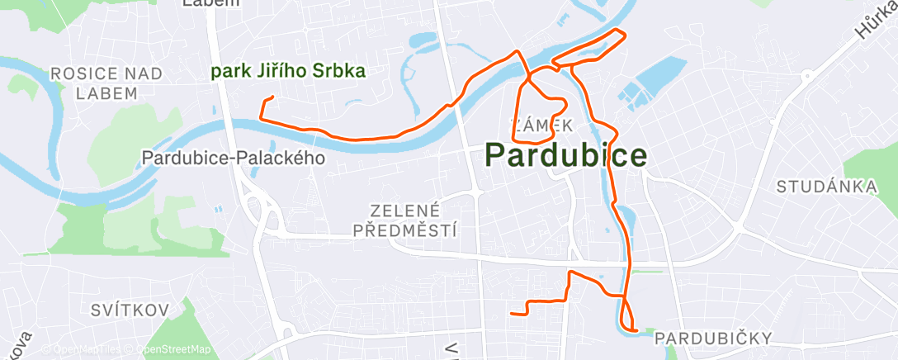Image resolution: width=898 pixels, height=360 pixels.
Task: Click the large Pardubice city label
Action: [565, 154]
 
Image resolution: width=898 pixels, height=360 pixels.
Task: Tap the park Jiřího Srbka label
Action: [288, 72]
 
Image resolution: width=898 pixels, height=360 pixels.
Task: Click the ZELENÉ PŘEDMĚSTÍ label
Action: [405, 220]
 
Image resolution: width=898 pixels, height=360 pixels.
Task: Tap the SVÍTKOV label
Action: [130, 310]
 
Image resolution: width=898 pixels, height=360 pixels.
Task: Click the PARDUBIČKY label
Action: [713, 338]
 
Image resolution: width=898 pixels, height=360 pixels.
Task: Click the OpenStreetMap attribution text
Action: [173, 350]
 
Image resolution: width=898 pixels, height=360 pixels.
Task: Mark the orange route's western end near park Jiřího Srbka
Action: [272, 98]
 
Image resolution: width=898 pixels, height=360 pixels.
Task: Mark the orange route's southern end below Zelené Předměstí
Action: [513, 313]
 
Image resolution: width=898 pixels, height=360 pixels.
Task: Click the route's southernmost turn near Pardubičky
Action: [634, 329]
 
